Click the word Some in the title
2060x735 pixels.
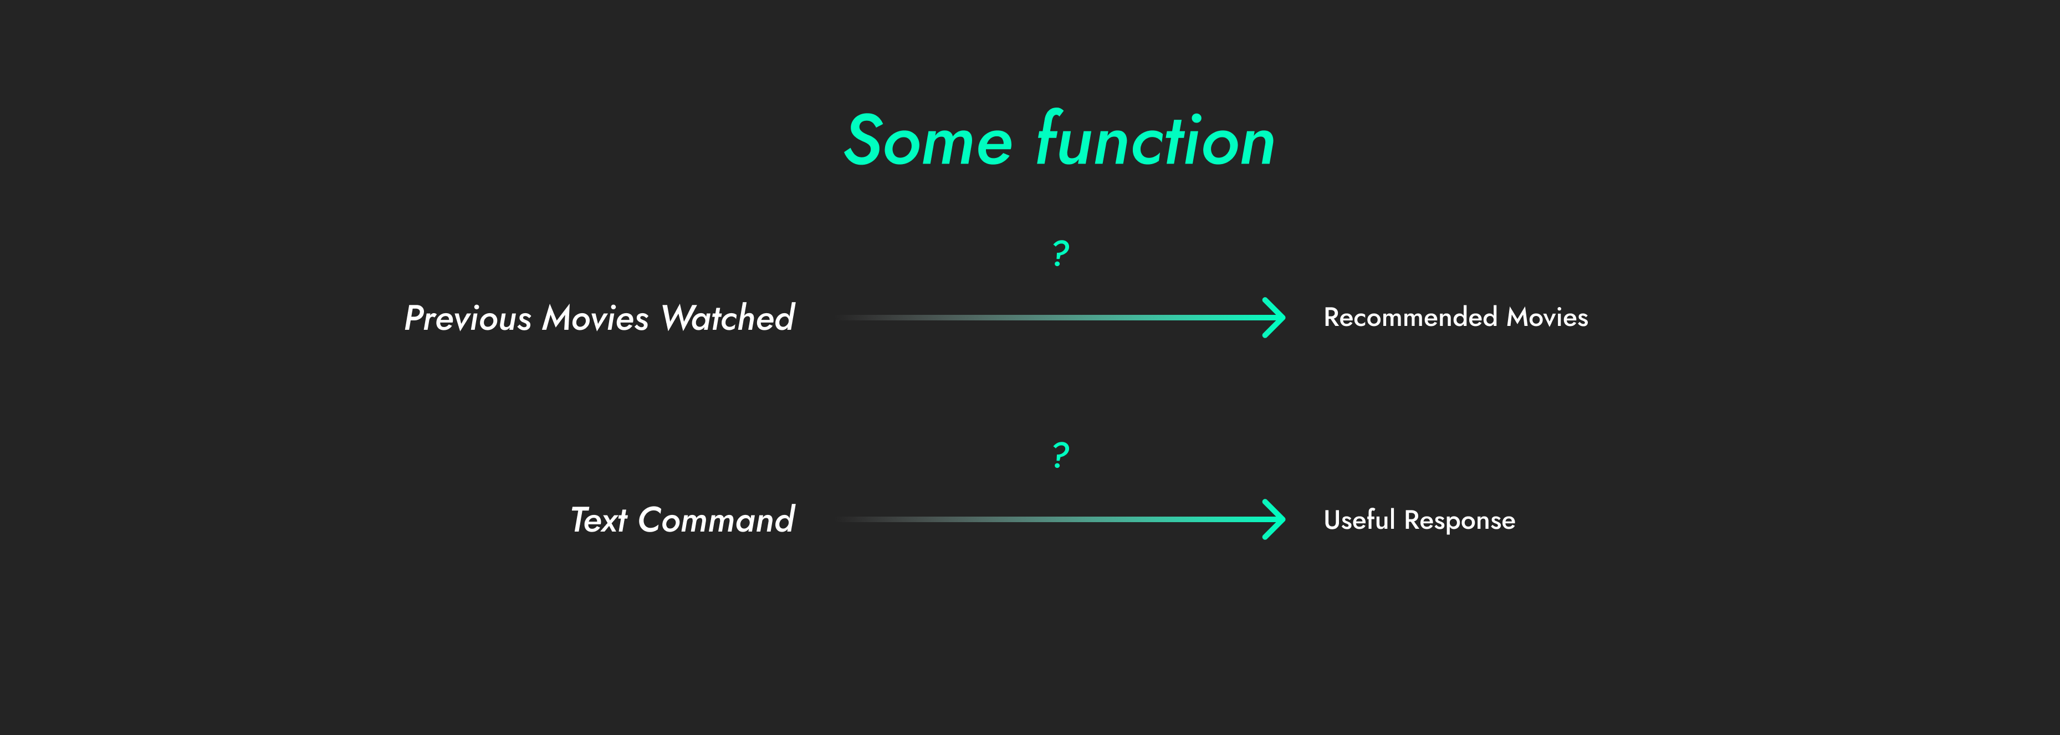coord(928,141)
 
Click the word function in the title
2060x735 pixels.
coord(1155,141)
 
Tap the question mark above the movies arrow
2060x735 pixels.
coord(1060,253)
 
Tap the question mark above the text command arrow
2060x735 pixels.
coord(1060,455)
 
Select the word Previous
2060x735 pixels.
coord(468,318)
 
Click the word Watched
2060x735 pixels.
coord(728,318)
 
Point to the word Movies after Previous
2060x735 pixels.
coord(596,318)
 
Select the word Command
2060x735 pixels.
coord(715,520)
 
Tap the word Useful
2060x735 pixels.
coord(1359,520)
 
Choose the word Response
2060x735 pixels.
coord(1459,520)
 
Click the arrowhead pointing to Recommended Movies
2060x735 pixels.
coord(1275,318)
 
